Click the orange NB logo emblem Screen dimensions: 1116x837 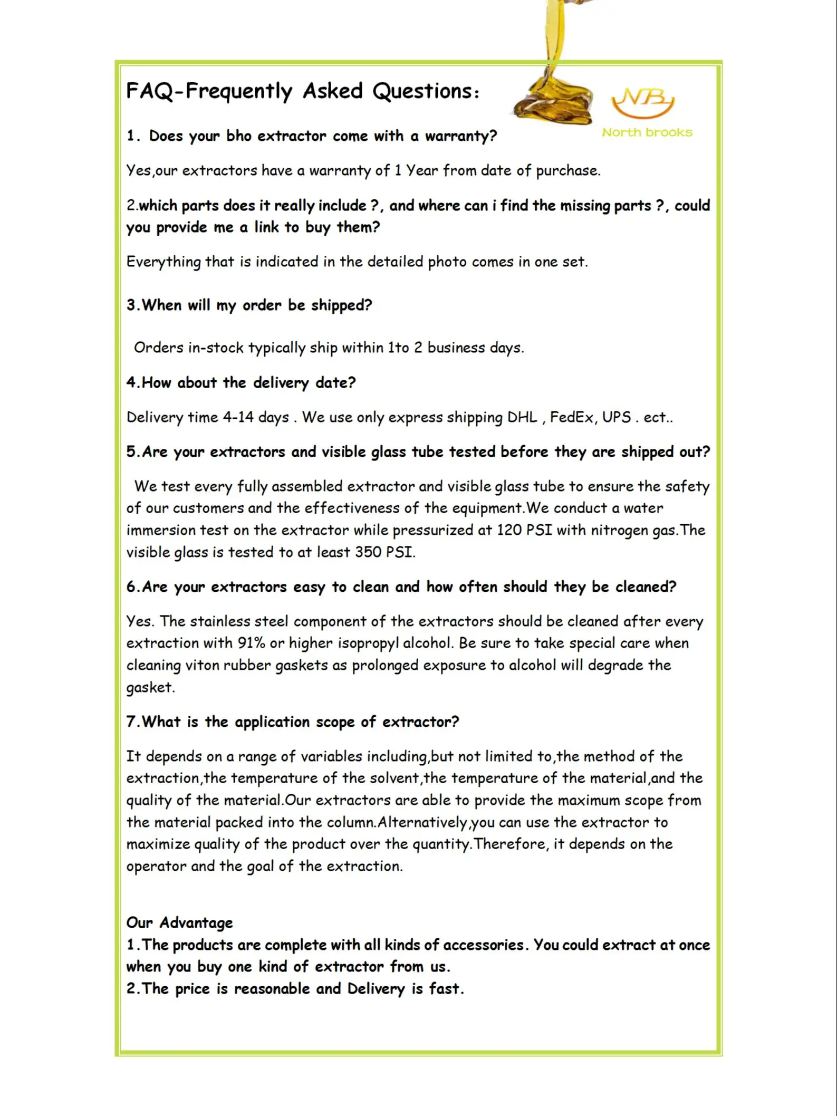coord(643,103)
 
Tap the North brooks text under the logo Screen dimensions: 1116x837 coord(647,132)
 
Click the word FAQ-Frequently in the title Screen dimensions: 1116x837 coord(209,91)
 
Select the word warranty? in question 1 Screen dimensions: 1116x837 coord(461,136)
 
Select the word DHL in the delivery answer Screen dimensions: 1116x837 coord(522,417)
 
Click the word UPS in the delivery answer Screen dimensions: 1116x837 coord(617,417)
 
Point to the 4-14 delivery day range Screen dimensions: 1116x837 coord(238,417)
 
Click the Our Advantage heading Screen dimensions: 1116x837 coord(179,922)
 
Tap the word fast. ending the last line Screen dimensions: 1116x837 coord(447,988)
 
